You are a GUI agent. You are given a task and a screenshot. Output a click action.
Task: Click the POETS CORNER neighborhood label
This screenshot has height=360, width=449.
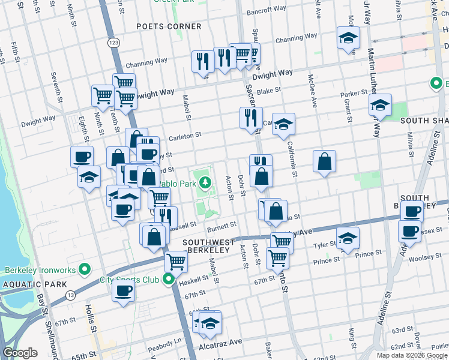169,26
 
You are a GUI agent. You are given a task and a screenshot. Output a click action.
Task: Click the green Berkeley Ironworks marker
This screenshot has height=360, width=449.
85,270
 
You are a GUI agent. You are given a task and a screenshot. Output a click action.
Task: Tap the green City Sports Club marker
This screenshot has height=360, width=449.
169,279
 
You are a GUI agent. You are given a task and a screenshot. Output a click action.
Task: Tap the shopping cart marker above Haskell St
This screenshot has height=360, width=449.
176,260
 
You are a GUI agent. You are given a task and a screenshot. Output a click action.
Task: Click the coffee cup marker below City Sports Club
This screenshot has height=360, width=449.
124,291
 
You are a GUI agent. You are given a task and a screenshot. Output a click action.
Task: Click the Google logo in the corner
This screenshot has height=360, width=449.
20,353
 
